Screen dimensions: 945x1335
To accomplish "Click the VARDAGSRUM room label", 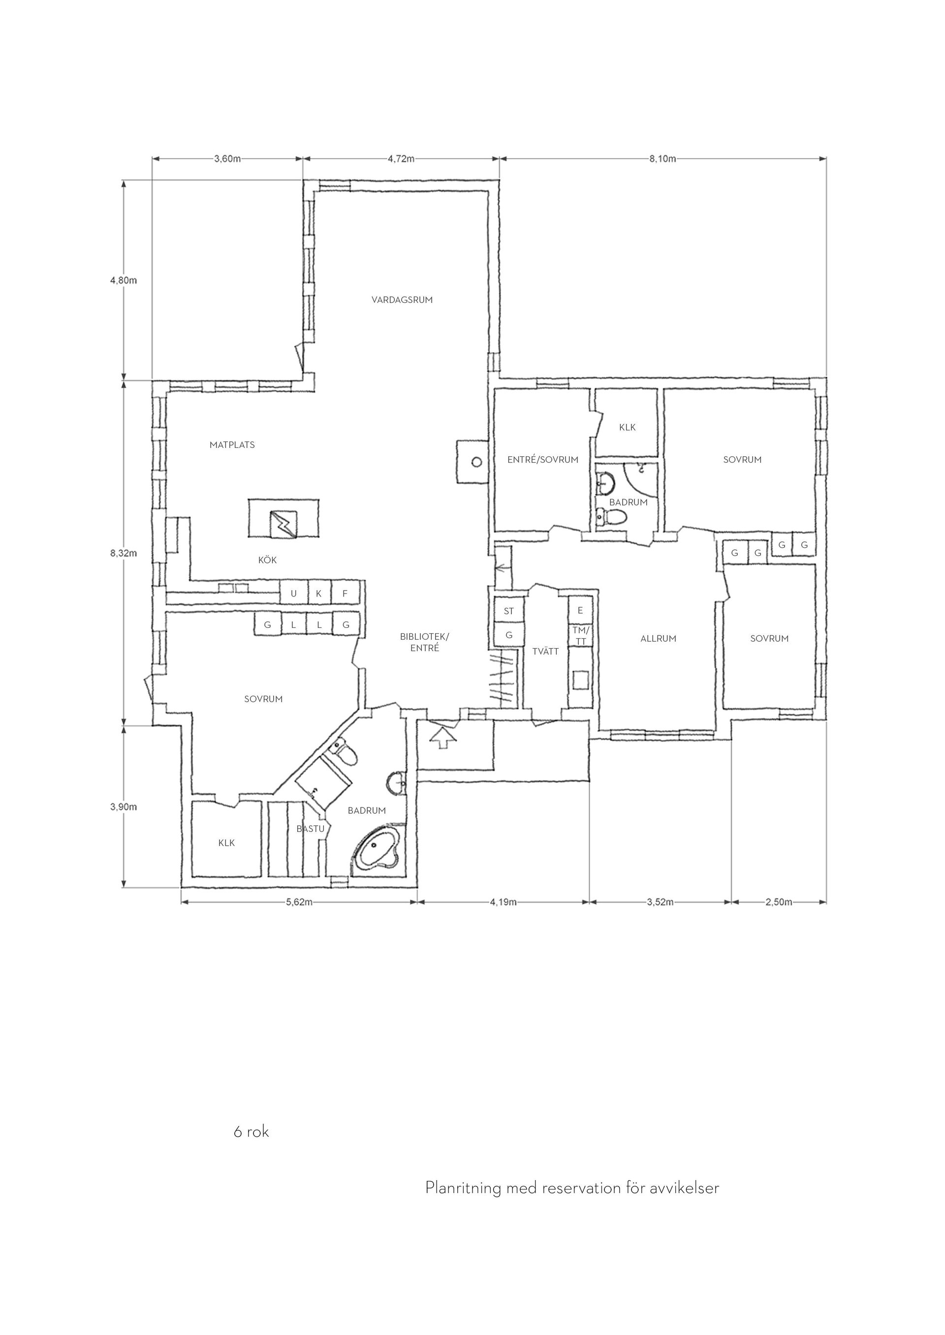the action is coord(402,300).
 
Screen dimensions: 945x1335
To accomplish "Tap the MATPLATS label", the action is coord(232,445).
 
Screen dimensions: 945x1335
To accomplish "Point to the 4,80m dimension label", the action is coord(124,280).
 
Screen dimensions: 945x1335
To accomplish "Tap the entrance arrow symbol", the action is coord(443,737).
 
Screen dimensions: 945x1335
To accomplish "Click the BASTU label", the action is coord(310,829).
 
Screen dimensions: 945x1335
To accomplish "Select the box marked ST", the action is coord(509,611).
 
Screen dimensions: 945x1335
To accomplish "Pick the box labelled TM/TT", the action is coord(580,635).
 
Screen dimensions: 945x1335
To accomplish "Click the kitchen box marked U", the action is coord(293,593).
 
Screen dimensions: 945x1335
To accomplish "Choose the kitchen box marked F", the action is coord(345,593).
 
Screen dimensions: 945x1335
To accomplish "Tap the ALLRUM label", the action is coord(658,638).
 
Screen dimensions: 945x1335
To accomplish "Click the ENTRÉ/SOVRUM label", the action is coord(543,459).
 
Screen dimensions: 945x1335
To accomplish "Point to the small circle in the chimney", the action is coord(476,462).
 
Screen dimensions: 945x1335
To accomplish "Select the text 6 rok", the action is coord(252,1132).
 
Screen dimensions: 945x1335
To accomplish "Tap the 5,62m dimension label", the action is coord(299,902).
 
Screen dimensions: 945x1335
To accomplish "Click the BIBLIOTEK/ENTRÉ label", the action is coord(425,642).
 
